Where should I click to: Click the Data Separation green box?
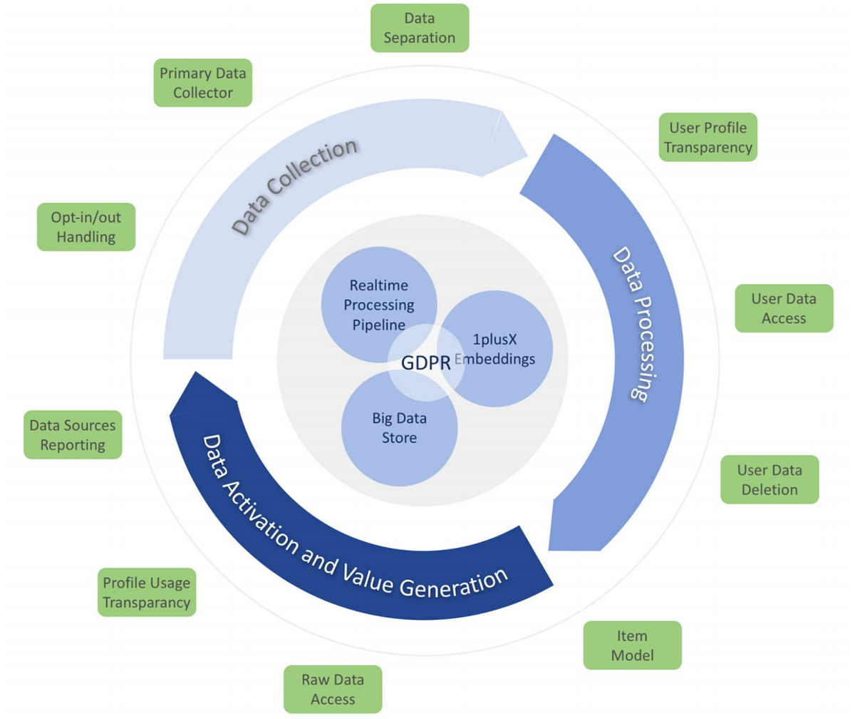420,28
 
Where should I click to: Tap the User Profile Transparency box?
708,137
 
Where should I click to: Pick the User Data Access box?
784,308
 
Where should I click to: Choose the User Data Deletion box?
769,480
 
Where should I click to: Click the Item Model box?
632,645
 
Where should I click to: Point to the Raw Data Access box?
333,689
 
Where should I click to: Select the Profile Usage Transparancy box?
146,592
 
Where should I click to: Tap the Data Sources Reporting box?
73,434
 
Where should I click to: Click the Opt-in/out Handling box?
86,227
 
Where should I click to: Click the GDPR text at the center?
426,362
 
